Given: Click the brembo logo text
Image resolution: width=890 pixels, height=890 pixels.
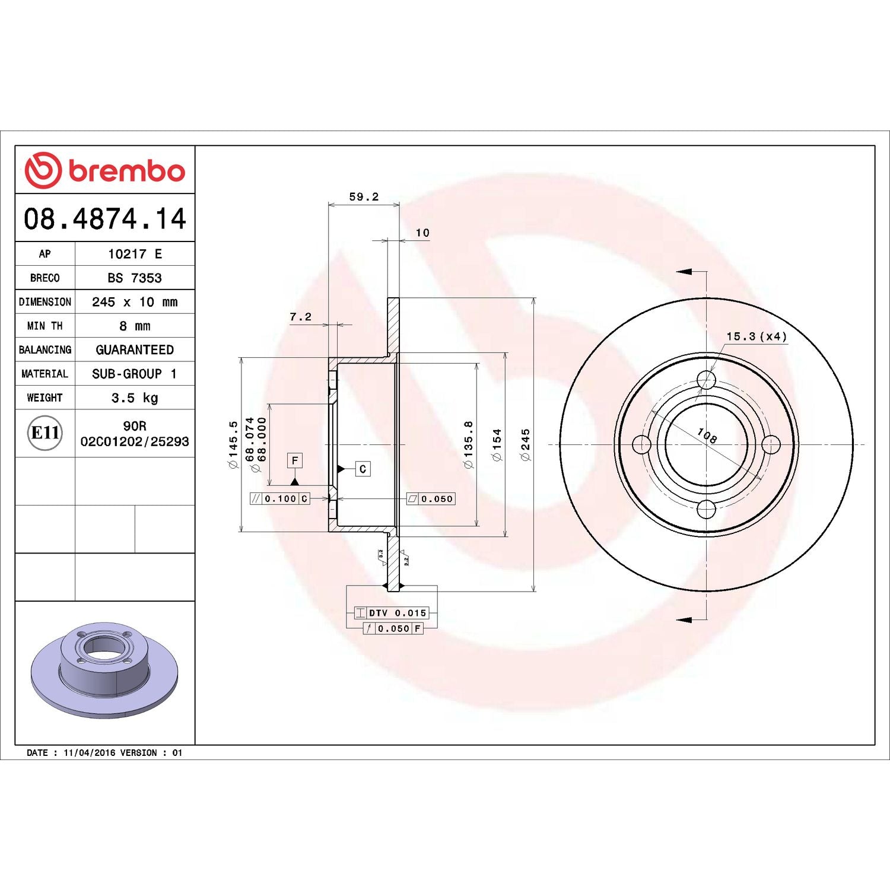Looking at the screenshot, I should [126, 171].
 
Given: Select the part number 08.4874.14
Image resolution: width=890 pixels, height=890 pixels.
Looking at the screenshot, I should [105, 218].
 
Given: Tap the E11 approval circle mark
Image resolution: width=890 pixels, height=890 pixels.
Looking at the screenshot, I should [45, 433].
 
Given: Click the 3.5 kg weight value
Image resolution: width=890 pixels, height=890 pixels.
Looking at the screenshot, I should [135, 398].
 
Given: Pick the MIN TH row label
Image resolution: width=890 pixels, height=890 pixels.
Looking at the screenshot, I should [44, 326].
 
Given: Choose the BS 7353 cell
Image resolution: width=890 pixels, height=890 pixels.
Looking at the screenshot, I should [135, 278].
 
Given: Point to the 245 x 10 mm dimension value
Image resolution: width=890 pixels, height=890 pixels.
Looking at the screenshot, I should [135, 302].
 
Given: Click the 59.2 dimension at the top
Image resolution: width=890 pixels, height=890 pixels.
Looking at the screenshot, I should [364, 196].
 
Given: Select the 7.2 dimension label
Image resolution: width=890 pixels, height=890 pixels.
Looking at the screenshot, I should [300, 317].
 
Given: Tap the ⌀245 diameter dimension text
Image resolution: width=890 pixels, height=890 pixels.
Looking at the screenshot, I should [525, 444].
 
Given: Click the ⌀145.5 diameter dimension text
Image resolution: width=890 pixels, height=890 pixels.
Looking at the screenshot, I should [233, 444].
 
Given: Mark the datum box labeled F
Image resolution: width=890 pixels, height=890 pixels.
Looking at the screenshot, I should [295, 460].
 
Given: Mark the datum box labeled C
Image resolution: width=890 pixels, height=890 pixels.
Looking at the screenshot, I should [363, 469].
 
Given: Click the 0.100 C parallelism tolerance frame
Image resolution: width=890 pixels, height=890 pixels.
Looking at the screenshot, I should [280, 499].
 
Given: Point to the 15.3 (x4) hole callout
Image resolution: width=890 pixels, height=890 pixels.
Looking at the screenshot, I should [757, 336].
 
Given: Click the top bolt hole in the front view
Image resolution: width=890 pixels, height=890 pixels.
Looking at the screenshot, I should [706, 380].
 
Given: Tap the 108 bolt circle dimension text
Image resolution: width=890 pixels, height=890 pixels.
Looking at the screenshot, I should [707, 436].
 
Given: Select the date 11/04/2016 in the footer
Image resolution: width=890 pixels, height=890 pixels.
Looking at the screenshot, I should [89, 752].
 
